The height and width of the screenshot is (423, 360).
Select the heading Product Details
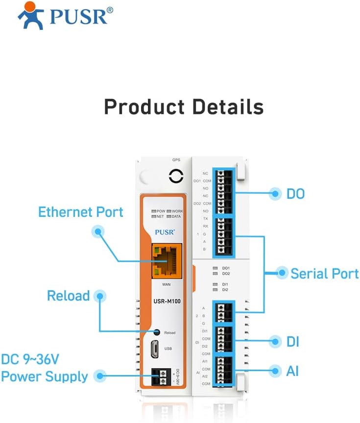click(184, 106)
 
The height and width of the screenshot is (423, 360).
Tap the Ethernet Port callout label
click(81, 212)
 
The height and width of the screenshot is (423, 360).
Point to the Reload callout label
click(68, 296)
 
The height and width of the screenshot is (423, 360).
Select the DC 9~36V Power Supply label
click(45, 368)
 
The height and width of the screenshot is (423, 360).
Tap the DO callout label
click(295, 194)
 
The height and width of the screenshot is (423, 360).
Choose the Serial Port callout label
click(324, 273)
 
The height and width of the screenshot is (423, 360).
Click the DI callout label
click(292, 342)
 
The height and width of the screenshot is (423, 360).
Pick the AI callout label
click(292, 371)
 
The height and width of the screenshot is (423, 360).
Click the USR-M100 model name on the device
click(167, 302)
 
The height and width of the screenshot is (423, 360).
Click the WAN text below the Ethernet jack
click(166, 284)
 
